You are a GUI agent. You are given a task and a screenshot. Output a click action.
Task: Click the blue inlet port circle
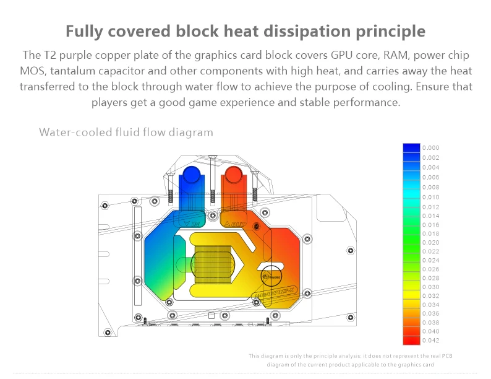click(191, 174)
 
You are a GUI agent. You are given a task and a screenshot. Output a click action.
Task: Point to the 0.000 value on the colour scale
click(430, 148)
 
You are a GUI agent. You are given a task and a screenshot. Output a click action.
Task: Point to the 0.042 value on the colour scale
click(430, 340)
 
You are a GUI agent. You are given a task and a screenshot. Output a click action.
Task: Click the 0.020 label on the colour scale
click(430, 242)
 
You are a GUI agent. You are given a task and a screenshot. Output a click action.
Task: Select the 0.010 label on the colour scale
click(430, 197)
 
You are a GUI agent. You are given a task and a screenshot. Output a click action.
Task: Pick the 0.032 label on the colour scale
click(430, 296)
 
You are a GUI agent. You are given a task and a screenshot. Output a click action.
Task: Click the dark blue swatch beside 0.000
click(411, 148)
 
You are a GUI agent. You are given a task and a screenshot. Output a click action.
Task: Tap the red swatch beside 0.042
click(411, 339)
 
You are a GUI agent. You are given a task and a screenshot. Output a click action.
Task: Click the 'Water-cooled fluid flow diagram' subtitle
click(126, 132)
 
